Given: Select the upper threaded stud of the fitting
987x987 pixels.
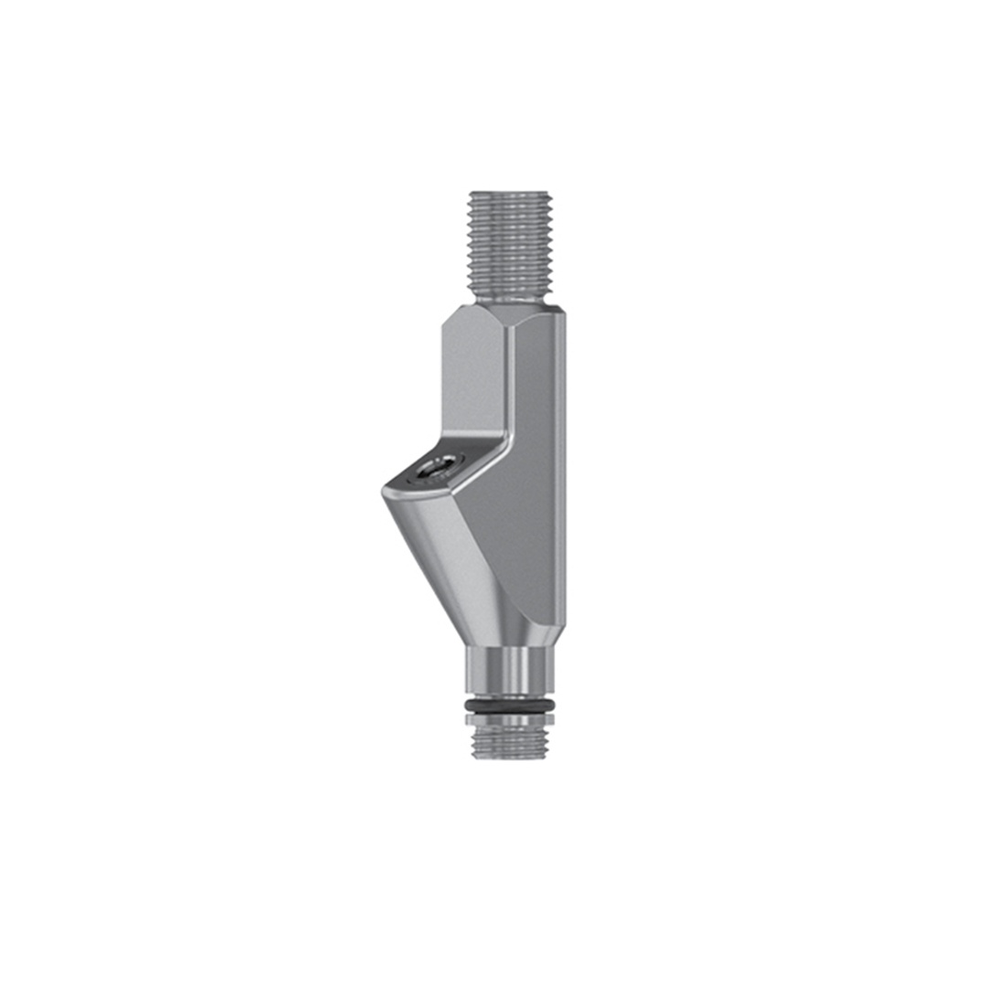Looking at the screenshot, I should (508, 242).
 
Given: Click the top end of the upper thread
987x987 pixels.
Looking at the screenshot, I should (508, 194).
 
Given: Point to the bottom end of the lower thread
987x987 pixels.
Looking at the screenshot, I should (509, 756).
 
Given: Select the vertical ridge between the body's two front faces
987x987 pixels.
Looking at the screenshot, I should (511, 384).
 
